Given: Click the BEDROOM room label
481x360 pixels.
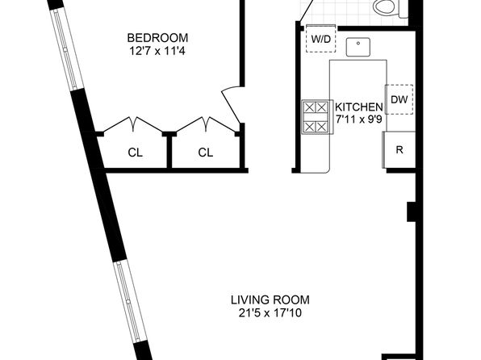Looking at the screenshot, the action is pos(157,38).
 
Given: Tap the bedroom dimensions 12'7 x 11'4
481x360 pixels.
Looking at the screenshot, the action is pos(157,51).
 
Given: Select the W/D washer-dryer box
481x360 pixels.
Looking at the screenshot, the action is pos(321,39).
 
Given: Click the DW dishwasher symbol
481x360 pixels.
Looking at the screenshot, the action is pos(399,99).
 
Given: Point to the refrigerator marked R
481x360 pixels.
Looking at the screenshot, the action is pos(399,150).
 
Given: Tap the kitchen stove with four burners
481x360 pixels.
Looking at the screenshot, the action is pos(317,117).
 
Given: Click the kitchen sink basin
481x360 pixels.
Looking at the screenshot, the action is pos(358,47).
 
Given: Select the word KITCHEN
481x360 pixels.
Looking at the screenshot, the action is pos(359,107).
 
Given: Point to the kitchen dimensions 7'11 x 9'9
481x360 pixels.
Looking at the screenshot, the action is pos(359,119).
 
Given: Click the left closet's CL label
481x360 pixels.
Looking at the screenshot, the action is pos(136,153).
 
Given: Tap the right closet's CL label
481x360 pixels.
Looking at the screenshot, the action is pos(206,153).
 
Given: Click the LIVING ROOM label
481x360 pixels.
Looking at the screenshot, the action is pos(270,299).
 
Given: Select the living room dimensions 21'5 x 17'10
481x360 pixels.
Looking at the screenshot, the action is pos(270,313).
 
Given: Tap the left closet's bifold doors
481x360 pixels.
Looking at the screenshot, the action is pos(133,124).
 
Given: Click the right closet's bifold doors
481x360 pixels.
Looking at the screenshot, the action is pos(206,124).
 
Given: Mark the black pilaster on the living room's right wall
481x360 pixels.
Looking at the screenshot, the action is pos(412,211).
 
